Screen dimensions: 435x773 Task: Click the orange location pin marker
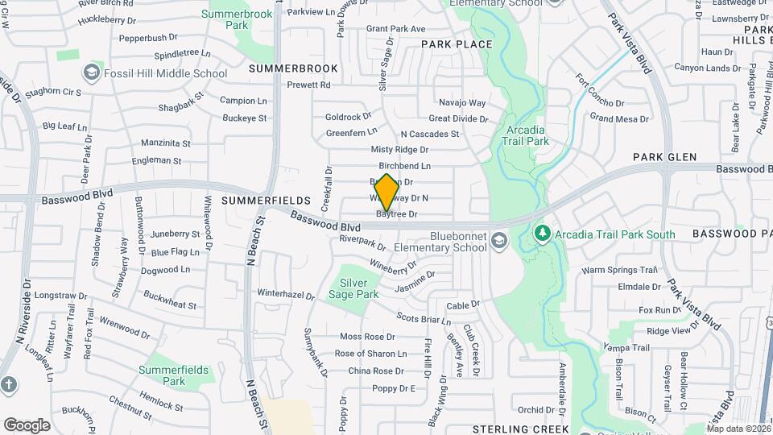pyautogui.click(x=386, y=192)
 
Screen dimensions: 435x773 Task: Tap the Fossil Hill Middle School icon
pyautogui.click(x=93, y=73)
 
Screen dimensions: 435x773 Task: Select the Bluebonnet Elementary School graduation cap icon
pyautogui.click(x=500, y=241)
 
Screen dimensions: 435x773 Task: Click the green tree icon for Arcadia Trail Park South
pyautogui.click(x=543, y=234)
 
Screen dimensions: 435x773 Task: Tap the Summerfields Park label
pyautogui.click(x=173, y=375)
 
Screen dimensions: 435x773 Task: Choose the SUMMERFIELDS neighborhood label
pyautogui.click(x=266, y=200)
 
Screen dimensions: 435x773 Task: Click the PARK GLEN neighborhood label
pyautogui.click(x=664, y=157)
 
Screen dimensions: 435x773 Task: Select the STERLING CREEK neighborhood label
pyautogui.click(x=520, y=429)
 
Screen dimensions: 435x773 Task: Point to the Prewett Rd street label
pyautogui.click(x=308, y=85)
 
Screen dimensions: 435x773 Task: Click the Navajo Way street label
pyautogui.click(x=462, y=103)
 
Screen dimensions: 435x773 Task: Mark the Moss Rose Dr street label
pyautogui.click(x=367, y=337)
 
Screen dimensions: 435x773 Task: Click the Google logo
pyautogui.click(x=27, y=425)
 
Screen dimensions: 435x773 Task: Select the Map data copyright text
pyautogui.click(x=738, y=429)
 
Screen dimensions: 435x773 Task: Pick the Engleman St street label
pyautogui.click(x=161, y=160)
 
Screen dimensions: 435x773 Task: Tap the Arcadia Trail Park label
pyautogui.click(x=527, y=135)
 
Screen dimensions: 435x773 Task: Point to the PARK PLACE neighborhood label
pyautogui.click(x=456, y=43)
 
